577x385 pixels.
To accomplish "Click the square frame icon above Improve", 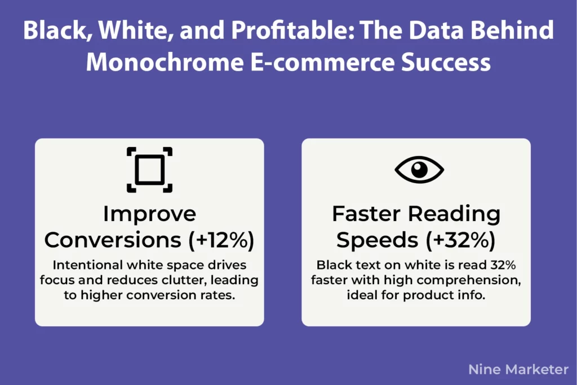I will (x=149, y=170).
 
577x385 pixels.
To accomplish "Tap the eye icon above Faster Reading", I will (x=419, y=170).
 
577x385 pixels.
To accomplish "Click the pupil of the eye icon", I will (x=419, y=170).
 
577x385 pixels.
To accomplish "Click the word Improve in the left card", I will (x=149, y=215).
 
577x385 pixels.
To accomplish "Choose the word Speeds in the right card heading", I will (x=378, y=241).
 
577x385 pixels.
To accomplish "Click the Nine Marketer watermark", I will (x=518, y=370).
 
